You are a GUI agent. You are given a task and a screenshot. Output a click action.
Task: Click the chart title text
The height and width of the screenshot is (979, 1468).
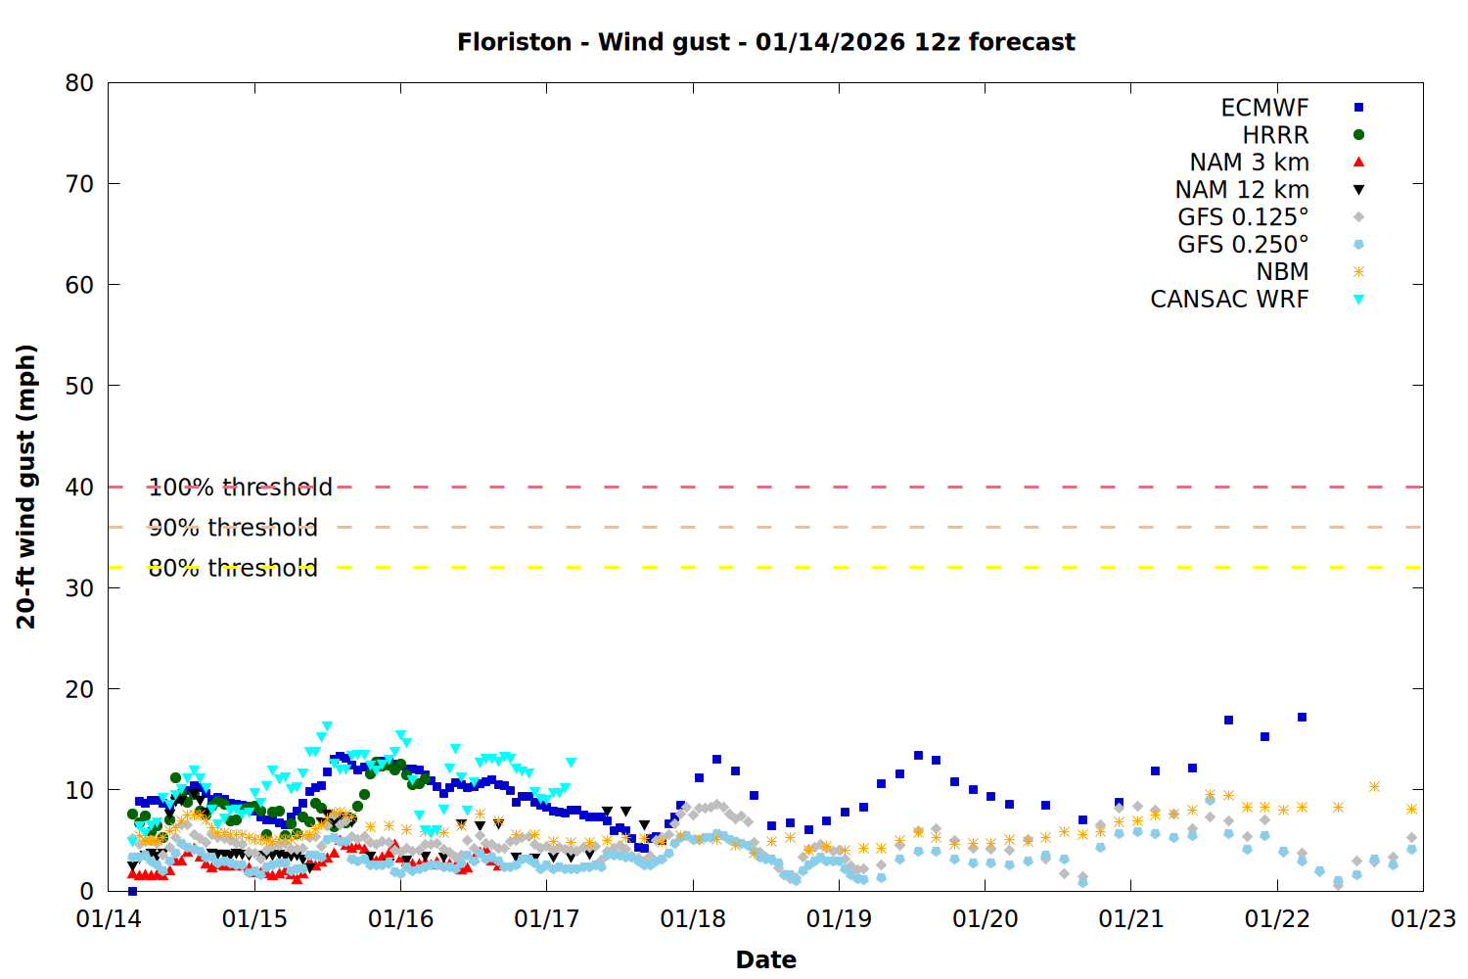[765, 42]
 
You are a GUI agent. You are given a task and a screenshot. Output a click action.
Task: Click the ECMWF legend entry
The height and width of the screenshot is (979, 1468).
[1264, 108]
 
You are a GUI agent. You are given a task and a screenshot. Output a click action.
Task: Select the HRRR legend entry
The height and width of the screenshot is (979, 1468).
[1275, 135]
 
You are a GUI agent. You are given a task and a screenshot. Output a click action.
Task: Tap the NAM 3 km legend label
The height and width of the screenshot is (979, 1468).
[1249, 163]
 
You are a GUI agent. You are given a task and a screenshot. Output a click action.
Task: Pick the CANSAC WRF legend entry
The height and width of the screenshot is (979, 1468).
[1229, 300]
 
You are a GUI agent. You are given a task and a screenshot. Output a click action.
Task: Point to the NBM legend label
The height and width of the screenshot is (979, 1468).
[1282, 272]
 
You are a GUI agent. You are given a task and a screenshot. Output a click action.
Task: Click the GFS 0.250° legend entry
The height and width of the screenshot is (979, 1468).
[1243, 245]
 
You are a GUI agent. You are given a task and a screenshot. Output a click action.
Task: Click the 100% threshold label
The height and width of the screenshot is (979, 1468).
[240, 488]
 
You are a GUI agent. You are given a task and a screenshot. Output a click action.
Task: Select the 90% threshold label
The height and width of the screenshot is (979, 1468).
[233, 528]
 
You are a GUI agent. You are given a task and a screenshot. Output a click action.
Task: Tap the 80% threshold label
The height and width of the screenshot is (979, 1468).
[233, 568]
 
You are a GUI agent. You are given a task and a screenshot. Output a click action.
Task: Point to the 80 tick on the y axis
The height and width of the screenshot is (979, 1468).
[79, 83]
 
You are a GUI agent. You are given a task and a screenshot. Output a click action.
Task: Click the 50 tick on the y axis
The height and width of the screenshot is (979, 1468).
[79, 386]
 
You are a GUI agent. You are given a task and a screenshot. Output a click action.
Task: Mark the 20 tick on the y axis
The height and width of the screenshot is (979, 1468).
[79, 689]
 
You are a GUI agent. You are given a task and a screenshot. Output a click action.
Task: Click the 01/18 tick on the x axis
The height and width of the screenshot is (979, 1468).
[693, 919]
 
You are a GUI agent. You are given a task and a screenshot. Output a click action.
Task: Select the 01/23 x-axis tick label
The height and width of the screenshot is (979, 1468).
[1423, 919]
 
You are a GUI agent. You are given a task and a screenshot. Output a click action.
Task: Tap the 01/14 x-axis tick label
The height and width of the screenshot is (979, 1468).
[109, 919]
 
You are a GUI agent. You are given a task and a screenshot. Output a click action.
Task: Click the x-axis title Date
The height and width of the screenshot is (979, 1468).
[765, 959]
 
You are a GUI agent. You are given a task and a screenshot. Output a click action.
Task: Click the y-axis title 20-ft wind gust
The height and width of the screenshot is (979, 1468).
[26, 487]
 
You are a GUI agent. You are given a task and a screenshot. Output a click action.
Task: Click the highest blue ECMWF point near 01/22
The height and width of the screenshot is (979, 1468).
[1302, 718]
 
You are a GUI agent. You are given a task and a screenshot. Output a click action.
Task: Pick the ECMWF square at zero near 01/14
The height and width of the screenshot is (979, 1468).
[132, 891]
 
